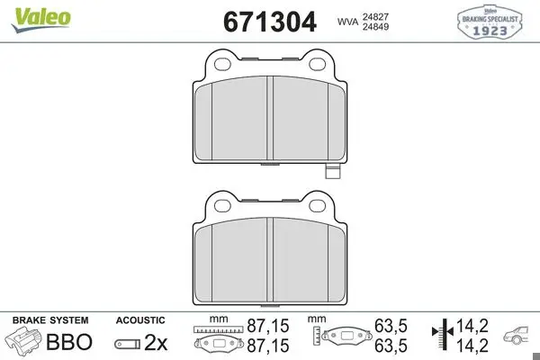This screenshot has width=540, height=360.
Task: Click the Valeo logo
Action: click(x=40, y=20)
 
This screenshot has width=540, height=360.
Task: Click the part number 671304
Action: click(x=270, y=22)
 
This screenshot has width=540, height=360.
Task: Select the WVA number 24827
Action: click(x=375, y=16)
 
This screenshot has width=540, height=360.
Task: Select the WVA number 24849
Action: click(x=375, y=26)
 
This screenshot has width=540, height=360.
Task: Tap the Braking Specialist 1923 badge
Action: click(x=490, y=22)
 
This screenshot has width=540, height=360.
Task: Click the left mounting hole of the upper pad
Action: click(x=222, y=64)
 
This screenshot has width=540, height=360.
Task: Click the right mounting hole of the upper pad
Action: click(x=317, y=64)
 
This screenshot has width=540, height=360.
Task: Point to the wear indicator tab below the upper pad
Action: click(x=333, y=171)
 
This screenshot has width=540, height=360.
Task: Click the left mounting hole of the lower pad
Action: click(x=222, y=206)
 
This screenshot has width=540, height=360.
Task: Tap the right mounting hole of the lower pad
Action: click(x=317, y=206)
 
